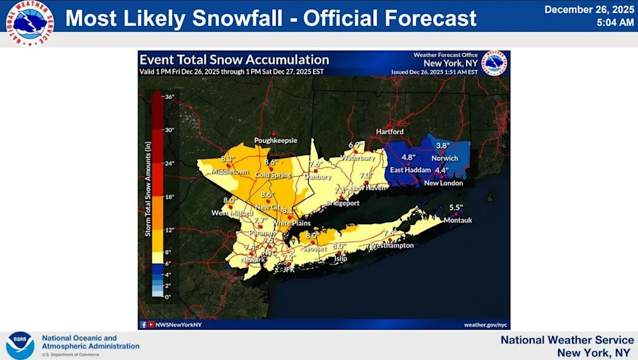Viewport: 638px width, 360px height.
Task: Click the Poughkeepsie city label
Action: coord(275,140)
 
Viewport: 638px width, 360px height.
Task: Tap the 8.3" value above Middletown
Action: coord(228,159)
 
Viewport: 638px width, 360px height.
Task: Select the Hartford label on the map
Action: coord(390,132)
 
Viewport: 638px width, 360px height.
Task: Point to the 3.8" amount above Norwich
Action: coord(443,145)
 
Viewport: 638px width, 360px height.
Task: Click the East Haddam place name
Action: coord(406,170)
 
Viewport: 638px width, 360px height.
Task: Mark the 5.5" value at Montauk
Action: coord(455,207)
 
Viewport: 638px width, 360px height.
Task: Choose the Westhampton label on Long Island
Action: coord(392,245)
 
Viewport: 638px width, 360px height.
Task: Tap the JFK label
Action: coord(289,270)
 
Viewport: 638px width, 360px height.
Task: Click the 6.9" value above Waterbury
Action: coord(355,145)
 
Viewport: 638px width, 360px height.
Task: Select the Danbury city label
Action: coord(318,176)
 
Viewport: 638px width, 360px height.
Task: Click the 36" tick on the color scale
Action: coord(169,97)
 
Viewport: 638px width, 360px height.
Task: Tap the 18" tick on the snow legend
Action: coord(169,197)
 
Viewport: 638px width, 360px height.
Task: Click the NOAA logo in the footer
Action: coord(20,345)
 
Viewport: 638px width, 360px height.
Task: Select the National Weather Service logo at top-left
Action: coord(30,23)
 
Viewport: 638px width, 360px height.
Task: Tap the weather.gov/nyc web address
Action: coord(486,325)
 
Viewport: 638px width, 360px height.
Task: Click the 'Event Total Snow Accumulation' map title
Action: coord(234,61)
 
